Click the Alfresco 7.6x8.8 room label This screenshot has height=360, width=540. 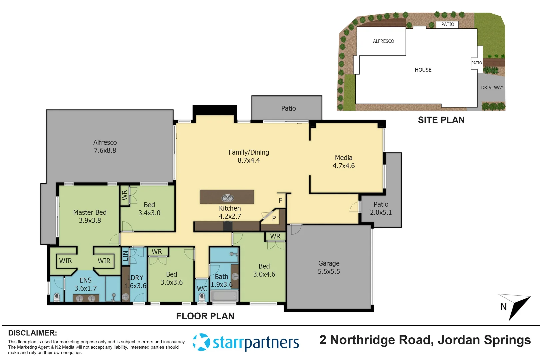pyautogui.click(x=105, y=146)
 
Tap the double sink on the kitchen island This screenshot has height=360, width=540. pyautogui.click(x=227, y=198)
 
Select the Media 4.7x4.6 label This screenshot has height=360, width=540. pyautogui.click(x=344, y=162)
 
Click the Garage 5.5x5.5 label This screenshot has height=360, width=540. pyautogui.click(x=329, y=267)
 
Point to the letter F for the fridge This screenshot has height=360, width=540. pyautogui.click(x=280, y=200)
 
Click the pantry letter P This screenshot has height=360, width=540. pyautogui.click(x=274, y=218)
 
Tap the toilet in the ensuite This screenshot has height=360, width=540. pyautogui.click(x=57, y=297)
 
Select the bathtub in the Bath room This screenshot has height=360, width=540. pyautogui.click(x=224, y=296)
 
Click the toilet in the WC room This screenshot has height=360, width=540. pyautogui.click(x=202, y=297)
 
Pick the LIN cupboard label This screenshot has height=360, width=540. pyautogui.click(x=125, y=256)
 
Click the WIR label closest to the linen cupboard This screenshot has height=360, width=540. pyautogui.click(x=104, y=261)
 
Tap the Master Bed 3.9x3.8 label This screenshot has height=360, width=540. pyautogui.click(x=90, y=216)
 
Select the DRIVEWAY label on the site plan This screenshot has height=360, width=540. pyautogui.click(x=492, y=87)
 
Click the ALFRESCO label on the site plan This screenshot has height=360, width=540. pyautogui.click(x=383, y=41)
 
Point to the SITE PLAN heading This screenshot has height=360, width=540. pyautogui.click(x=441, y=120)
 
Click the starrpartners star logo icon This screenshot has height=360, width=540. pyautogui.click(x=201, y=342)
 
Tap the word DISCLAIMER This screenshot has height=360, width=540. pyautogui.click(x=32, y=333)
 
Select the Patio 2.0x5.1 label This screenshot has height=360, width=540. pyautogui.click(x=381, y=208)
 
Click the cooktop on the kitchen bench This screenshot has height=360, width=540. pyautogui.click(x=227, y=226)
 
